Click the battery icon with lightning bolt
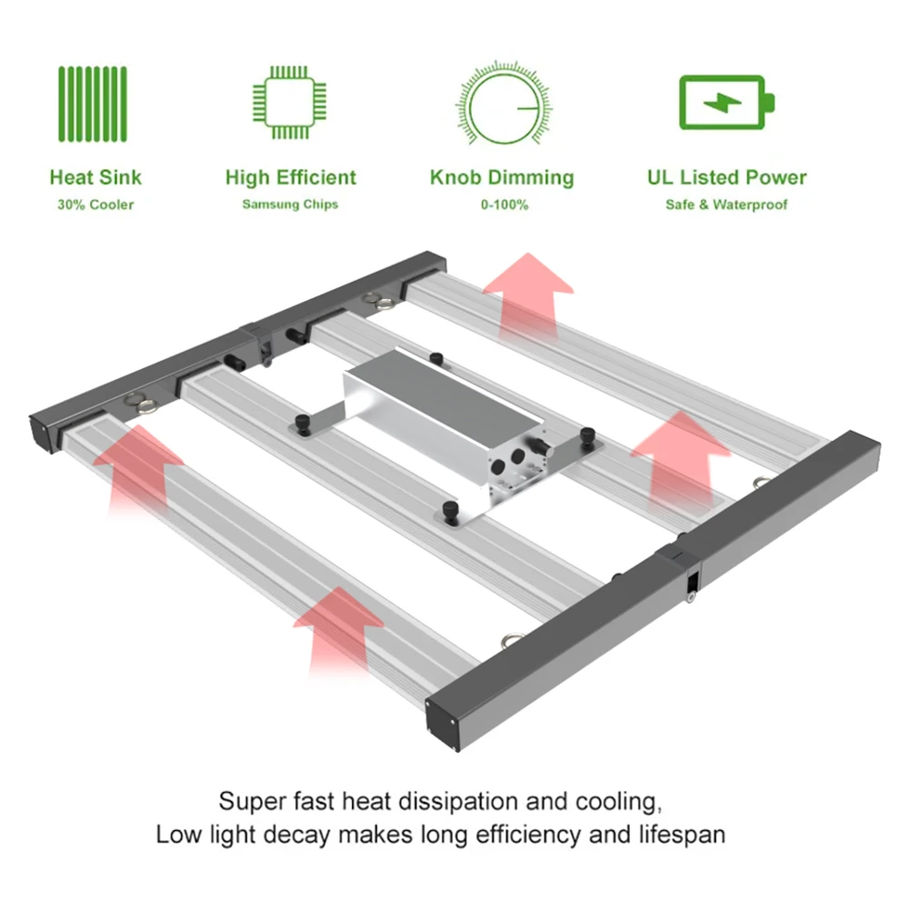tap(726, 102)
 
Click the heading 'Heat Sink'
tap(95, 177)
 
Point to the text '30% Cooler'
tap(95, 205)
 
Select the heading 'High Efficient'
tap(291, 177)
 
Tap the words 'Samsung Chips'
tap(290, 205)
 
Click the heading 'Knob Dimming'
tap(502, 177)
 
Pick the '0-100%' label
tap(504, 205)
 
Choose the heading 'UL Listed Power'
tap(726, 177)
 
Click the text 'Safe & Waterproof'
tap(726, 205)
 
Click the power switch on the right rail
tap(692, 582)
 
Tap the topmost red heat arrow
tap(527, 291)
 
